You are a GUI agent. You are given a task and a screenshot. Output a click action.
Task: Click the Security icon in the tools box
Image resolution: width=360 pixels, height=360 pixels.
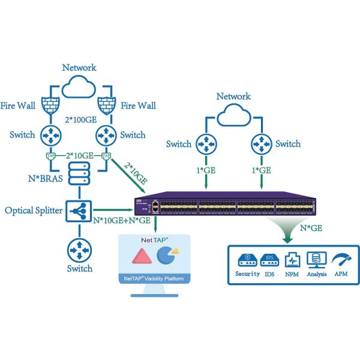[x=246, y=260]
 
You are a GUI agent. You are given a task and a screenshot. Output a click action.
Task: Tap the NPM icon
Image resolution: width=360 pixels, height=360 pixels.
[x=291, y=260]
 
